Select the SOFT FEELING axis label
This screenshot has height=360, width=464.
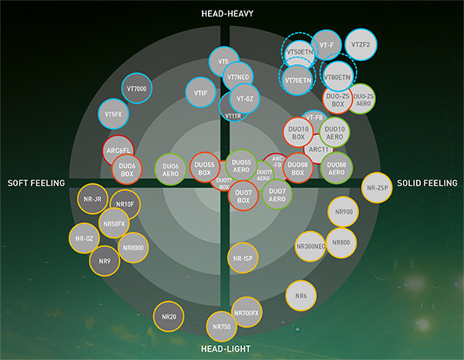click(37, 183)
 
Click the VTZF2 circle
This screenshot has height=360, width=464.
click(360, 45)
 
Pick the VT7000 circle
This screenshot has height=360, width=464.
click(137, 89)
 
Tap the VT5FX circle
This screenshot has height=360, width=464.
click(113, 115)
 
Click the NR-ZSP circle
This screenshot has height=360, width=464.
click(376, 189)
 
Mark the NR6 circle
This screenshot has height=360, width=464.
click(301, 296)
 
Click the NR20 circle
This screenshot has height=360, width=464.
click(169, 317)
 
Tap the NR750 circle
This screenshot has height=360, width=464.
click(221, 326)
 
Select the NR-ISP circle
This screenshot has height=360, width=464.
click(243, 258)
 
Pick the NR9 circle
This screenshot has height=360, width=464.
click(104, 261)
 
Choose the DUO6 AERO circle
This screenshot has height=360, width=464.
click(171, 169)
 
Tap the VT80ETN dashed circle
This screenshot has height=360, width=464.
click(337, 77)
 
